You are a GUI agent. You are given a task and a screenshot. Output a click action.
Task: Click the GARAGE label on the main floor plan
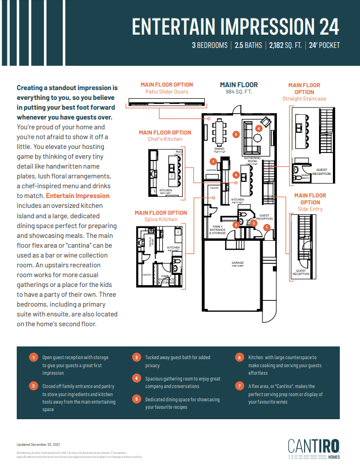coord(238,263)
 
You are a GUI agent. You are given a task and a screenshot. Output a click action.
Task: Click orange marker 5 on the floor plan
coord(236,134)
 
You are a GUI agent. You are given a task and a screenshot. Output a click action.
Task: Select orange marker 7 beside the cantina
coord(213,161)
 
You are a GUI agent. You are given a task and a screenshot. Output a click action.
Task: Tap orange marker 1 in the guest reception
coord(266,227)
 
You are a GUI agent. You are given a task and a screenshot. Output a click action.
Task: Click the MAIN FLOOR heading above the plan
coord(238,85)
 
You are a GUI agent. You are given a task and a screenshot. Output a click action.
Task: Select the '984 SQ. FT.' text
coord(238,92)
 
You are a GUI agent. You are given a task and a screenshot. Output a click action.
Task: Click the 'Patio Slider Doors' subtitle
coord(167,92)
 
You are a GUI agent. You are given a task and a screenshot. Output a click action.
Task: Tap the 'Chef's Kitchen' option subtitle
coord(164,139)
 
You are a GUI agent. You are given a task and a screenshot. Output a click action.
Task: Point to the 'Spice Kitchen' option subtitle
coord(161,219)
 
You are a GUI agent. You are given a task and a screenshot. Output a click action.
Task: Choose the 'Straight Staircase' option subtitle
coord(304,99)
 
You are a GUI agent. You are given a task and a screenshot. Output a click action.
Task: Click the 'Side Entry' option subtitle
coord(310,209)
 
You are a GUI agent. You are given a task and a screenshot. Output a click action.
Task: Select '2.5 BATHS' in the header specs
coord(247,45)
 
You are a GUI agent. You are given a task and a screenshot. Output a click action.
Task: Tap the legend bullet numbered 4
coord(137,378)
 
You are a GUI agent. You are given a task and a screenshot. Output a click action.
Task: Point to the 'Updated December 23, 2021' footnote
coord(38,444)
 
